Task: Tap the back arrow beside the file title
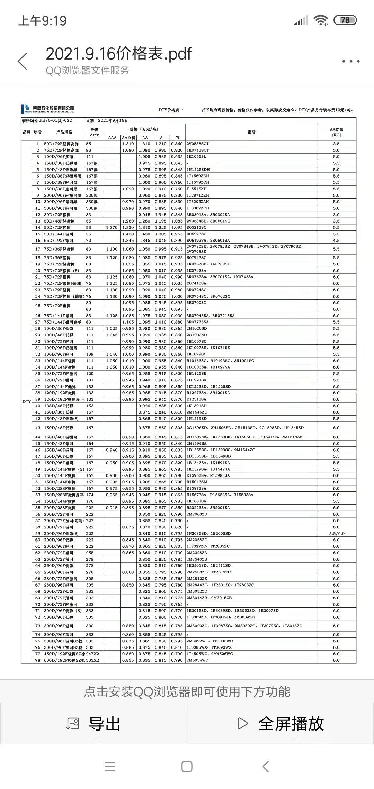pyautogui.click(x=23, y=61)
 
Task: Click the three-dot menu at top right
pyautogui.click(x=351, y=61)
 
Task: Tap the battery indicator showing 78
pyautogui.click(x=345, y=20)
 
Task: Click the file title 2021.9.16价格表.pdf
pyautogui.click(x=118, y=54)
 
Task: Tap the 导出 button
pyautogui.click(x=93, y=724)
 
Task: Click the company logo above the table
pyautogui.click(x=47, y=109)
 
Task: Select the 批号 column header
pyautogui.click(x=251, y=132)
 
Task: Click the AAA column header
pyautogui.click(x=112, y=138)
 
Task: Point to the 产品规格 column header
pyautogui.click(x=64, y=132)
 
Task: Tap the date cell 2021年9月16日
pyautogui.click(x=113, y=121)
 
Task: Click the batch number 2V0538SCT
pyautogui.click(x=198, y=144)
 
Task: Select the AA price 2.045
pyautogui.click(x=144, y=215)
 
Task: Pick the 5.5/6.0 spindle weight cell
pyautogui.click(x=336, y=534)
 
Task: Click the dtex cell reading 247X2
pyautogui.click(x=92, y=654)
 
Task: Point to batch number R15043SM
pyautogui.click(x=197, y=482)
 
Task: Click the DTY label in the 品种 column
pyautogui.click(x=27, y=402)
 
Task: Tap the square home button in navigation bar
pyautogui.click(x=187, y=767)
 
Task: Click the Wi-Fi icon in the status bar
pyautogui.click(x=321, y=20)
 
